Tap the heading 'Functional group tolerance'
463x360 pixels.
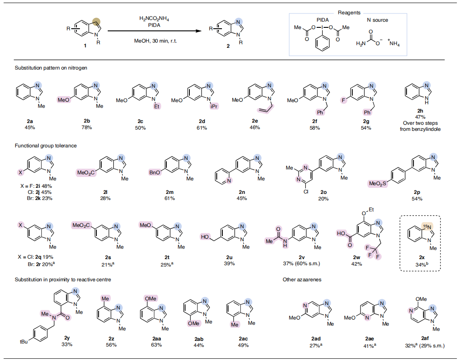click(46, 146)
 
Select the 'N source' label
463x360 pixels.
click(377, 20)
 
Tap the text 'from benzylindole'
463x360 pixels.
click(420, 130)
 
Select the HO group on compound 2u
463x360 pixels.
click(205, 237)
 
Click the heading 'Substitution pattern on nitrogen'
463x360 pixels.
click(52, 68)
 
